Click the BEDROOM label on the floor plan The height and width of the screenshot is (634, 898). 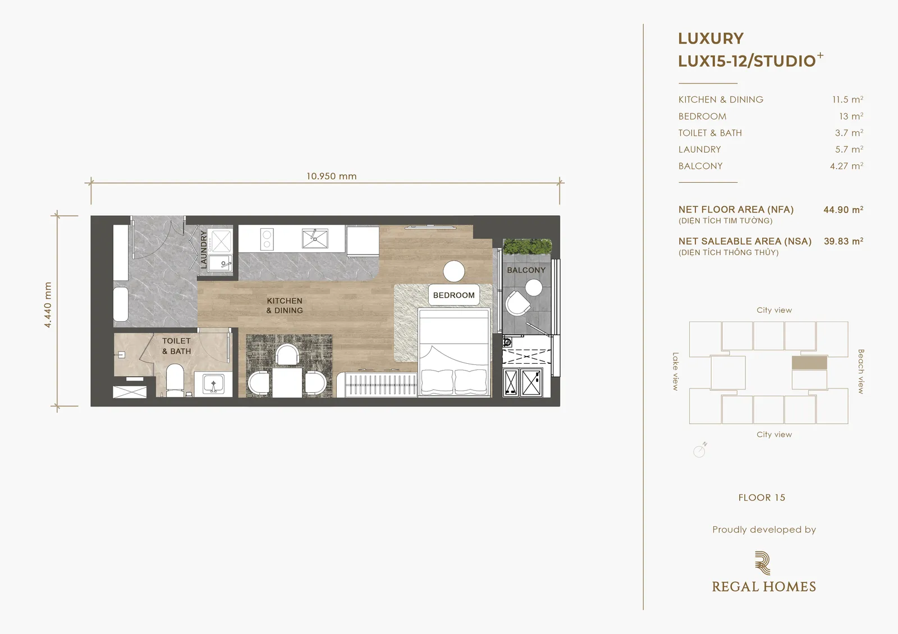click(454, 295)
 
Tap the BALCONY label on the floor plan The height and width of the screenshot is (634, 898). click(526, 270)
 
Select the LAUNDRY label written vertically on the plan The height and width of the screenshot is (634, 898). click(204, 249)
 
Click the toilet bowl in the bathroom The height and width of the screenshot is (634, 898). click(175, 378)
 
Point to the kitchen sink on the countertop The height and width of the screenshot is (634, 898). click(315, 239)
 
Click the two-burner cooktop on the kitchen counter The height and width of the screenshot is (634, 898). click(267, 239)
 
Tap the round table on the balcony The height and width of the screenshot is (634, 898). click(534, 288)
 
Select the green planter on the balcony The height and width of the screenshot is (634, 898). click(527, 247)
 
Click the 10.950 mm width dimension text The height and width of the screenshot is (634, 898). click(332, 176)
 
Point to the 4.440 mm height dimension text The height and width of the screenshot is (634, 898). click(48, 305)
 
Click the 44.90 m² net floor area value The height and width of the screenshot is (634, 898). click(844, 210)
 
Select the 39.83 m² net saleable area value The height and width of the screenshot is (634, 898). click(844, 241)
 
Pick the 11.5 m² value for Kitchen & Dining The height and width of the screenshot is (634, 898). click(847, 99)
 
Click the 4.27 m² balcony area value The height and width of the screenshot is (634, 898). click(846, 166)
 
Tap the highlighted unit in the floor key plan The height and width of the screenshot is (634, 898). click(809, 363)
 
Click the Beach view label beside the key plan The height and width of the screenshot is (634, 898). click(861, 371)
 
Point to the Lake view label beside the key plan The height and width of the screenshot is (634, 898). click(676, 371)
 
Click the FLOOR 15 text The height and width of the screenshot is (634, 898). click(762, 497)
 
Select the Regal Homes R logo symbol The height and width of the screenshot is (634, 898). click(763, 563)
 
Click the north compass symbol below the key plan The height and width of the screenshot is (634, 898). click(700, 450)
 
